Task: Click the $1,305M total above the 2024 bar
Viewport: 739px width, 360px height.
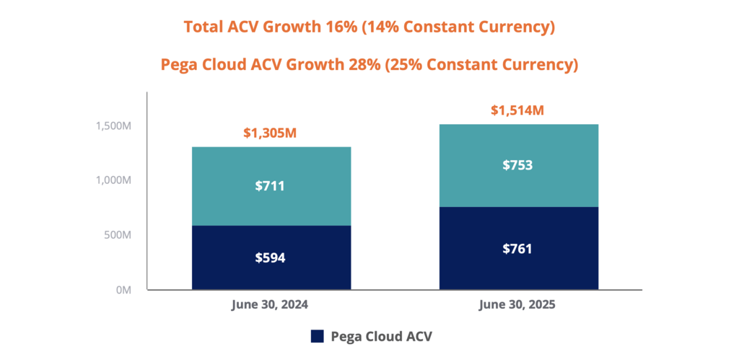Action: point(271,133)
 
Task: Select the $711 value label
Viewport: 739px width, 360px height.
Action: point(271,186)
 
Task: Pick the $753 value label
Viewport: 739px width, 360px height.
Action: point(518,165)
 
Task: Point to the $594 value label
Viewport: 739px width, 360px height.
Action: point(271,258)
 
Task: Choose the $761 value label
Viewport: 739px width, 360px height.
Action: point(518,249)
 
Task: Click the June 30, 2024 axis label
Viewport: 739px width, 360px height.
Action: point(271,304)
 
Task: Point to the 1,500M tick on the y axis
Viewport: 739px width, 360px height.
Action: point(113,126)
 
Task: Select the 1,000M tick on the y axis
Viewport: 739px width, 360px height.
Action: point(113,180)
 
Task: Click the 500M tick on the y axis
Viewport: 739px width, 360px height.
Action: point(116,235)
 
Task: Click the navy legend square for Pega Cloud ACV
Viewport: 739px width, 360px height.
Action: point(317,336)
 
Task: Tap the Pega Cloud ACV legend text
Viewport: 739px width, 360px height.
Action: point(381,336)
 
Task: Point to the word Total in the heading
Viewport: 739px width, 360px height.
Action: point(204,27)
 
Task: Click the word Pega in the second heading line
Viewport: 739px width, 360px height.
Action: point(179,64)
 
